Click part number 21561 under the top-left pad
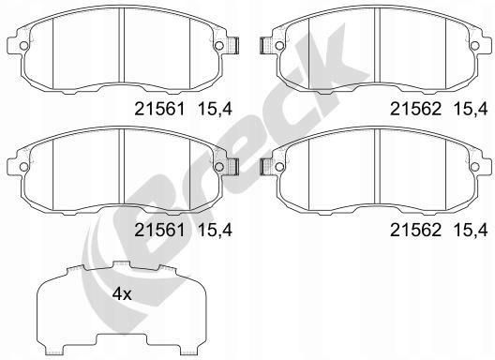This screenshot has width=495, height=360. pos(159,110)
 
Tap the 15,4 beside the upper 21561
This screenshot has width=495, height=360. pos(215,110)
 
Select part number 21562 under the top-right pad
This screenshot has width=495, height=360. pos(415,110)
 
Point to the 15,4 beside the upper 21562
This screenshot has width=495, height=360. pos(471,110)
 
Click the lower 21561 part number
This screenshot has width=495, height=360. pos(159,230)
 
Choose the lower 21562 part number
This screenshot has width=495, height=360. pos(415,230)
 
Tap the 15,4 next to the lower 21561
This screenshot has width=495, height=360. pos(215,230)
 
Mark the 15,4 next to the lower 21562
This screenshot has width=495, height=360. pos(471,230)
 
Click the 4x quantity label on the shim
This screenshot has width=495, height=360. pos(122,294)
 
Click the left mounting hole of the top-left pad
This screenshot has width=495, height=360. pos(23,46)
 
